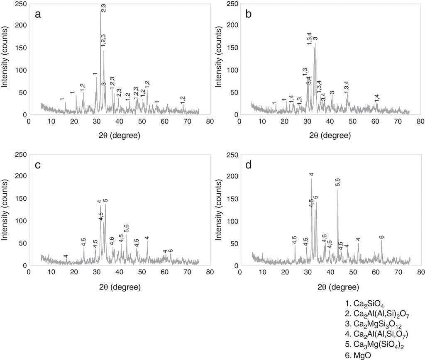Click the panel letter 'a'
38,15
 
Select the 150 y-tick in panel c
19,198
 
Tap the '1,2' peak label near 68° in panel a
183,100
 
